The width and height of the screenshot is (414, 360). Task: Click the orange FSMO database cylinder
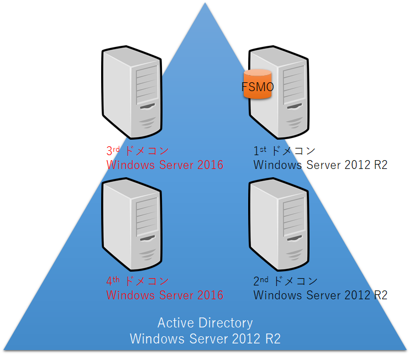[x=258, y=84]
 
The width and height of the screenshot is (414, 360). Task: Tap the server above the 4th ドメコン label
[x=132, y=224]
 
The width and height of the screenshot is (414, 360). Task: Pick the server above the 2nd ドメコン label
[x=279, y=224]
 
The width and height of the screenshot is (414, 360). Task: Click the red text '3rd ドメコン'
[x=137, y=150]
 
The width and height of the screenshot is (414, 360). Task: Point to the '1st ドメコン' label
[x=284, y=150]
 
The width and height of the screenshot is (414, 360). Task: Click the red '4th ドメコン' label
[x=137, y=280]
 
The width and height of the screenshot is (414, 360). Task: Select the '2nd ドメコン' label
[x=284, y=280]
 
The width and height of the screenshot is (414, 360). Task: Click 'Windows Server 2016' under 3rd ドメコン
[x=165, y=165]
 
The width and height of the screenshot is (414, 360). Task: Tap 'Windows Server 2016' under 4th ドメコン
[x=165, y=295]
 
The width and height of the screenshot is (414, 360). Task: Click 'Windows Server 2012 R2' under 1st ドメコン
[x=320, y=165]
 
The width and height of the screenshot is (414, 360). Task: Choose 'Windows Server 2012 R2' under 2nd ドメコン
[x=320, y=295]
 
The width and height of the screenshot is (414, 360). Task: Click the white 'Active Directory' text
[x=205, y=323]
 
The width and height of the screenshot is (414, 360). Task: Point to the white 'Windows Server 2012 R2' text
[x=205, y=338]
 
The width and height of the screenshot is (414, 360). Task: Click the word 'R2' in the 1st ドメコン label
[x=380, y=165]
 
